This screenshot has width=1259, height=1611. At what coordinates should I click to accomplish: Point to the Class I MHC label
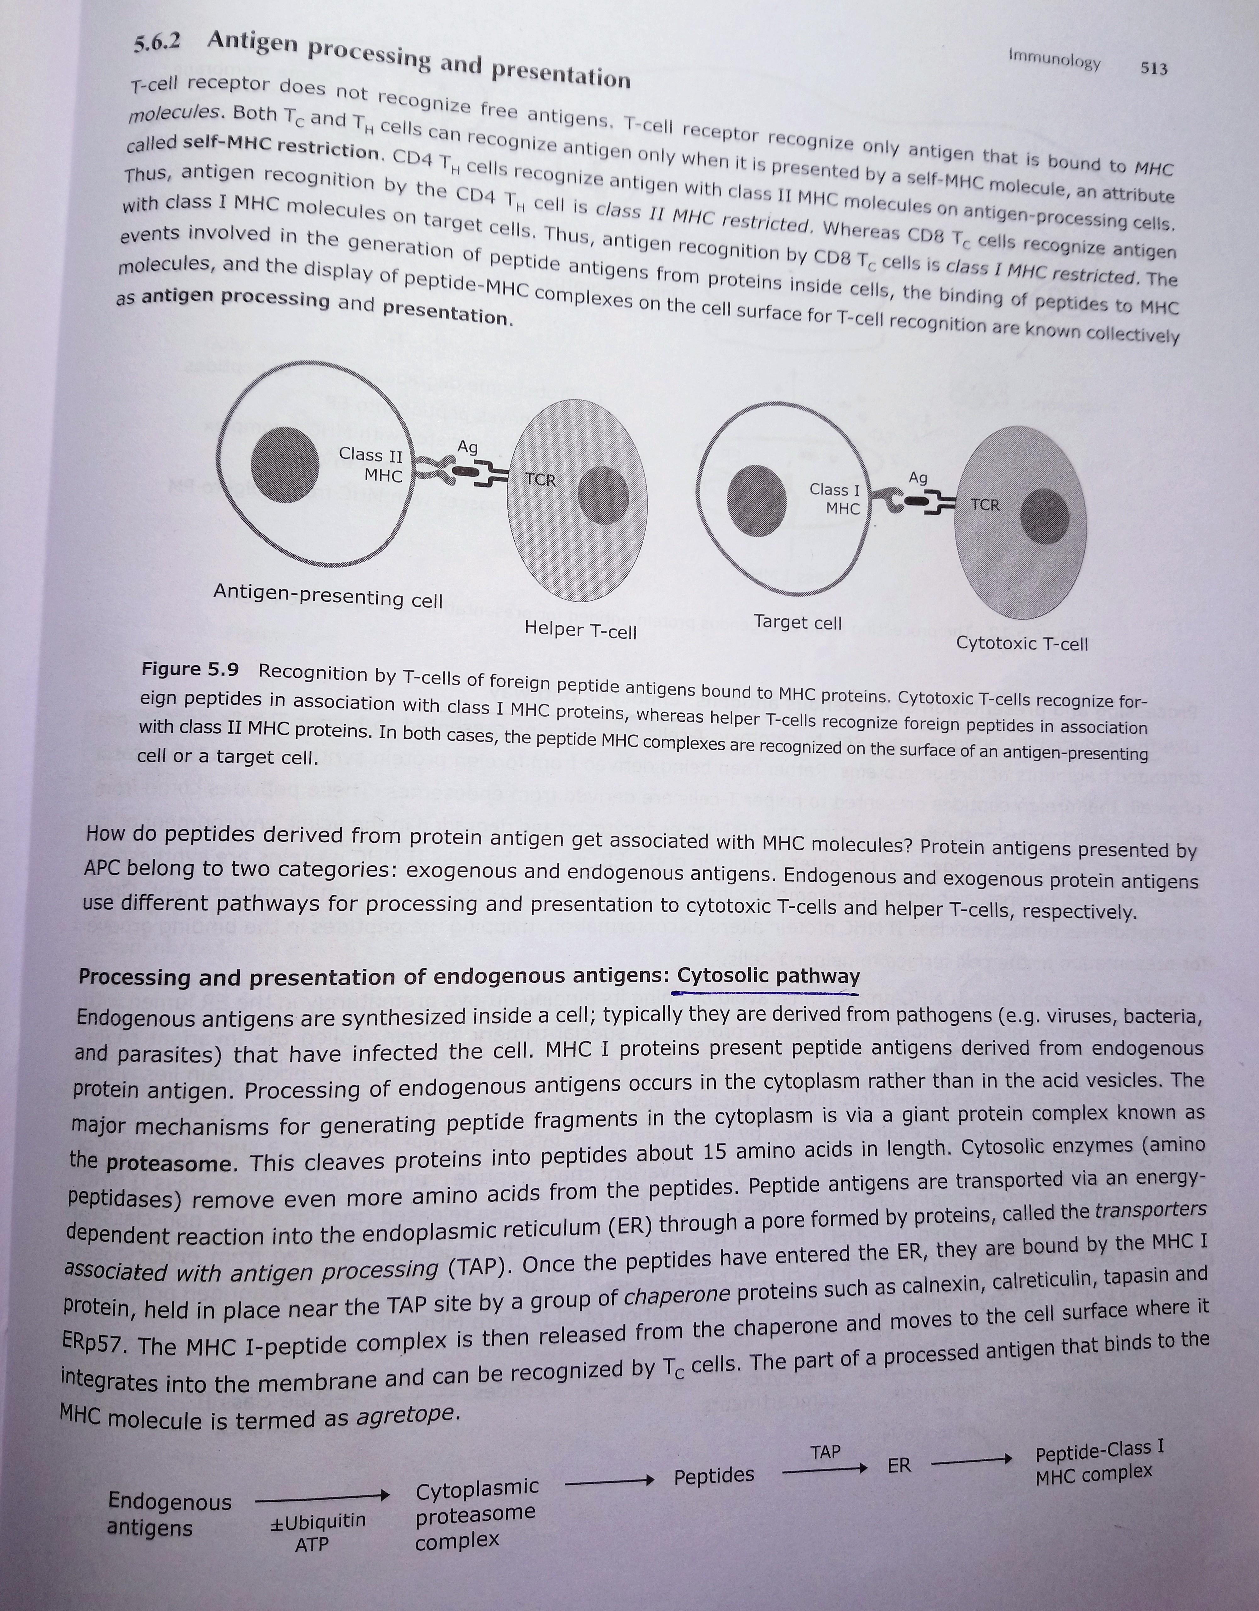point(836,499)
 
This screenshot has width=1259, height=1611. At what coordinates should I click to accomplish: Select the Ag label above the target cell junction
point(917,477)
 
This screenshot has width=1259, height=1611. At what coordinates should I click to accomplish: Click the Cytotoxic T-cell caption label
point(1021,643)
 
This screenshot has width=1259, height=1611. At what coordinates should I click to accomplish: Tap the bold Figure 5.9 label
point(190,669)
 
